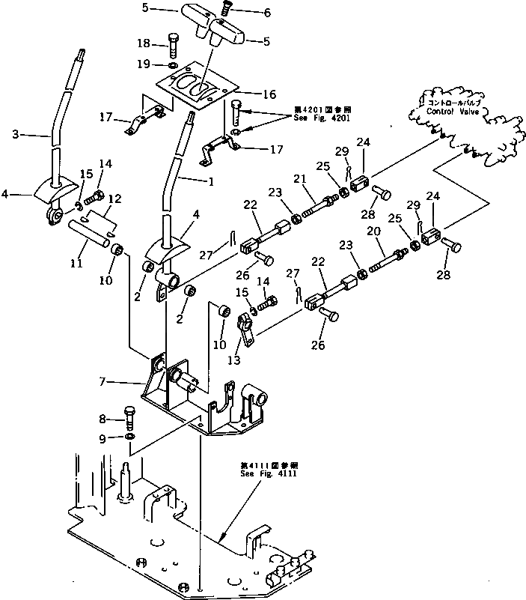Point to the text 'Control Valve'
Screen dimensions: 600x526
(452, 111)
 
